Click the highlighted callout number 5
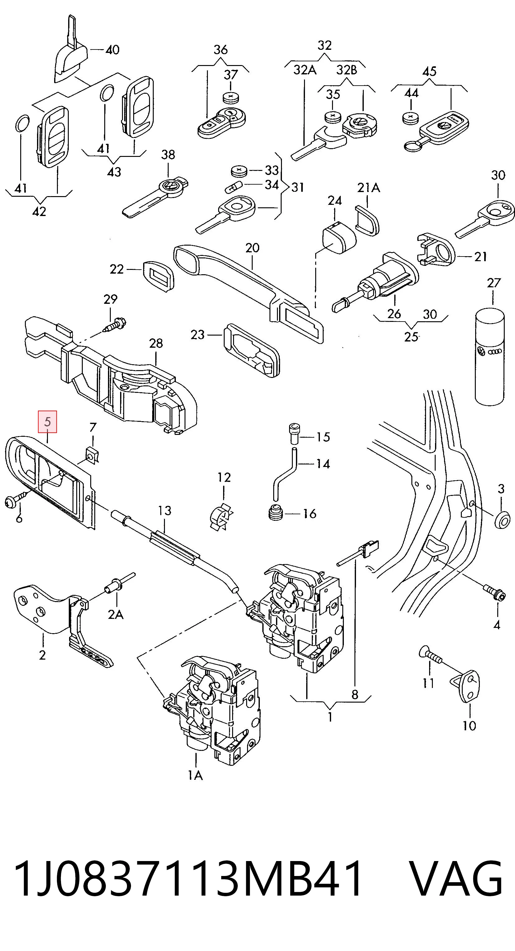pyautogui.click(x=48, y=421)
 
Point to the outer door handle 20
pyautogui.click(x=248, y=293)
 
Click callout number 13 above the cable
pyautogui.click(x=165, y=511)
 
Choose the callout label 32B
pyautogui.click(x=346, y=70)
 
